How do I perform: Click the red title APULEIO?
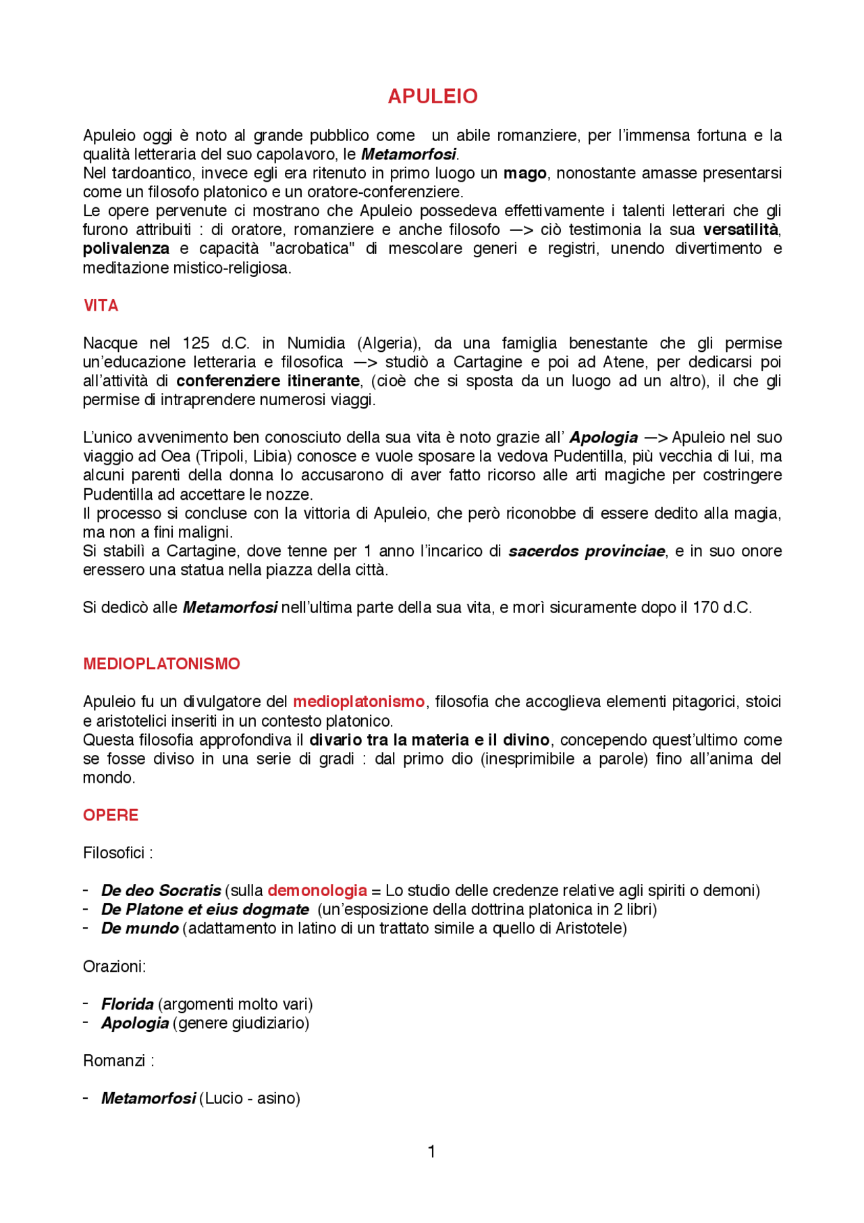coord(432,97)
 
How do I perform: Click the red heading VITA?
coord(101,306)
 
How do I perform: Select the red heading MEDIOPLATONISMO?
coord(161,664)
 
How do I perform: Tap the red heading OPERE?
coord(110,815)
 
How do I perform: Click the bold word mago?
coord(524,174)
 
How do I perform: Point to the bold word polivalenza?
coord(126,249)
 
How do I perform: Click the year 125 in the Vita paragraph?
coord(196,343)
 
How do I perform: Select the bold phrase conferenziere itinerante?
coord(267,381)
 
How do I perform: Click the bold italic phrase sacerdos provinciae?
coord(586,551)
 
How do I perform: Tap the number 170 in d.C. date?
coord(705,608)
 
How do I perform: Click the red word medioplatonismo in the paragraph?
coord(358,702)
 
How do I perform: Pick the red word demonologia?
coord(317,891)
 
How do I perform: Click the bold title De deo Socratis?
coord(161,891)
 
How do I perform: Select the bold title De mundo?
coord(140,929)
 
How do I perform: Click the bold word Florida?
coord(127,1004)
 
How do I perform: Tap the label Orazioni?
coord(114,966)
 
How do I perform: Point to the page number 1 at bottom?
coord(431,1151)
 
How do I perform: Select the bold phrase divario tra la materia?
coord(388,740)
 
